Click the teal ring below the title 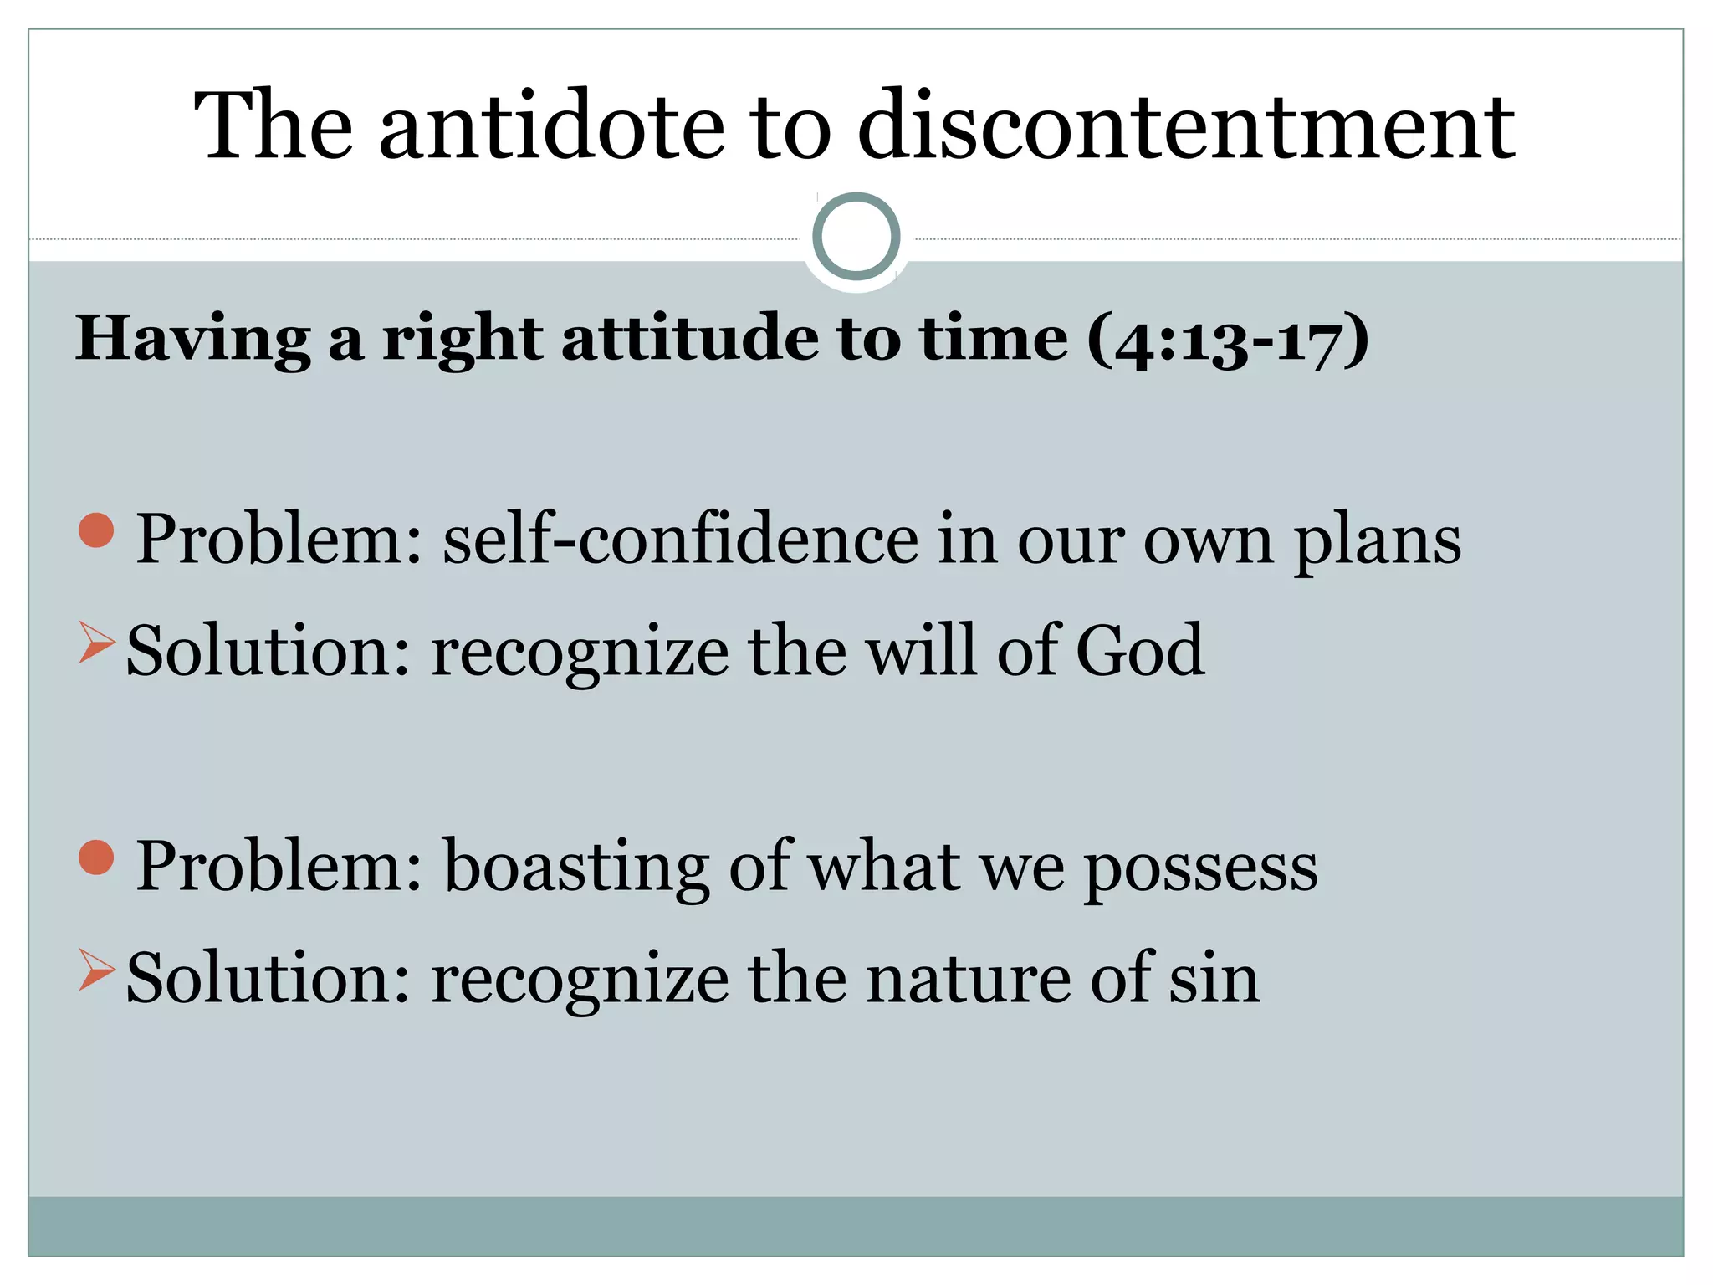click(856, 236)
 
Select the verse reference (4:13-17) click(1228, 340)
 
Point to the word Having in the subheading click(192, 340)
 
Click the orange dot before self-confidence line click(96, 530)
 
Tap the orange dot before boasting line click(96, 858)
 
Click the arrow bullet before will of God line click(96, 642)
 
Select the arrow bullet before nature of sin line click(96, 970)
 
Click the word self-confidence click(680, 540)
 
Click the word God click(1139, 651)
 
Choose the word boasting click(576, 867)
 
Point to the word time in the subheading click(993, 338)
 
